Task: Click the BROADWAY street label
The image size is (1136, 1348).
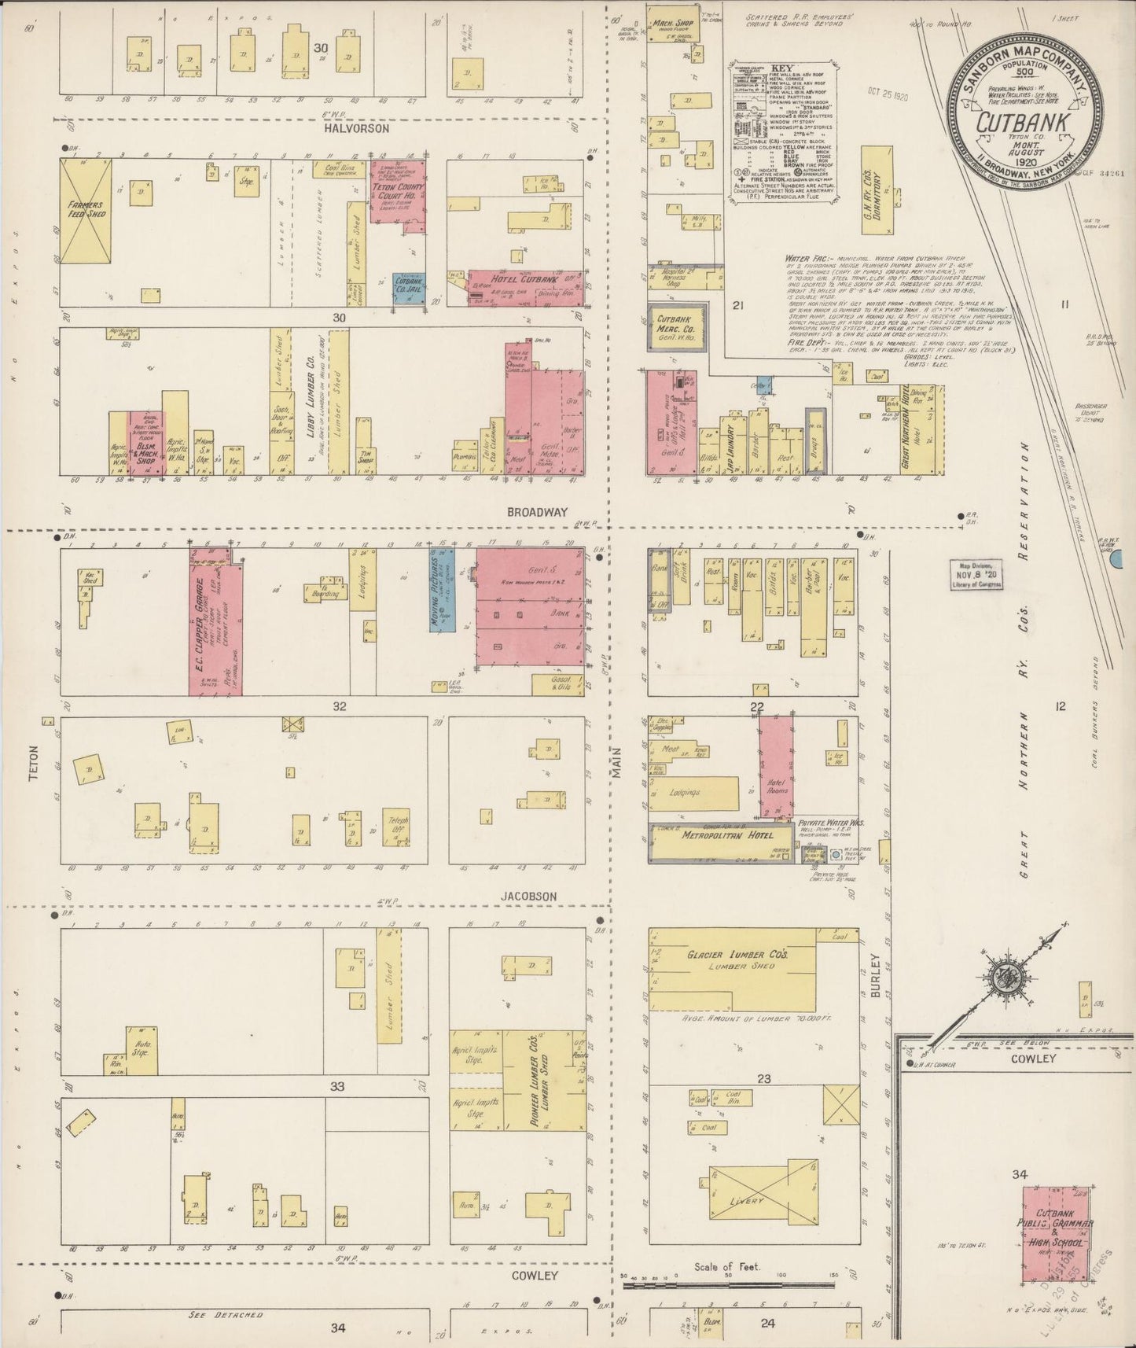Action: pyautogui.click(x=537, y=512)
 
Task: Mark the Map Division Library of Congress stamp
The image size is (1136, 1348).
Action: pyautogui.click(x=975, y=579)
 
